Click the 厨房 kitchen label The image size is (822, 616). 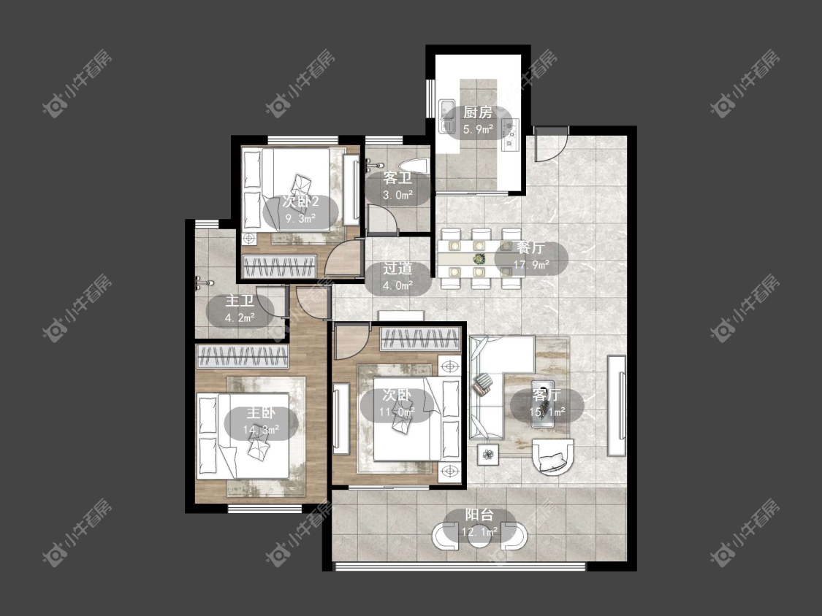(x=478, y=112)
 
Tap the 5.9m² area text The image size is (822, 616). (x=478, y=129)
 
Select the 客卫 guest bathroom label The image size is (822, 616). (x=397, y=178)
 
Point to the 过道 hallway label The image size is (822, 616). (x=397, y=269)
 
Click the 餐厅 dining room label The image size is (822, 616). (x=530, y=247)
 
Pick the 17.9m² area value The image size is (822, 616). (x=530, y=264)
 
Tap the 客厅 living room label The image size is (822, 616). (x=547, y=394)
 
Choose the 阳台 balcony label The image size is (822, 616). (x=479, y=515)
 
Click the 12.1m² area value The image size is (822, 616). (x=479, y=532)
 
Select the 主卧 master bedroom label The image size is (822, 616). (x=261, y=413)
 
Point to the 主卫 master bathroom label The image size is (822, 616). (x=240, y=301)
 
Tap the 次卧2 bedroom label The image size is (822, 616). (x=300, y=201)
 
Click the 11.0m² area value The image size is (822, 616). (x=397, y=412)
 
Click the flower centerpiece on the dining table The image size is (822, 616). (x=479, y=259)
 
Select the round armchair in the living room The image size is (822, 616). (x=552, y=457)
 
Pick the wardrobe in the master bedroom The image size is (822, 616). (x=242, y=357)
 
